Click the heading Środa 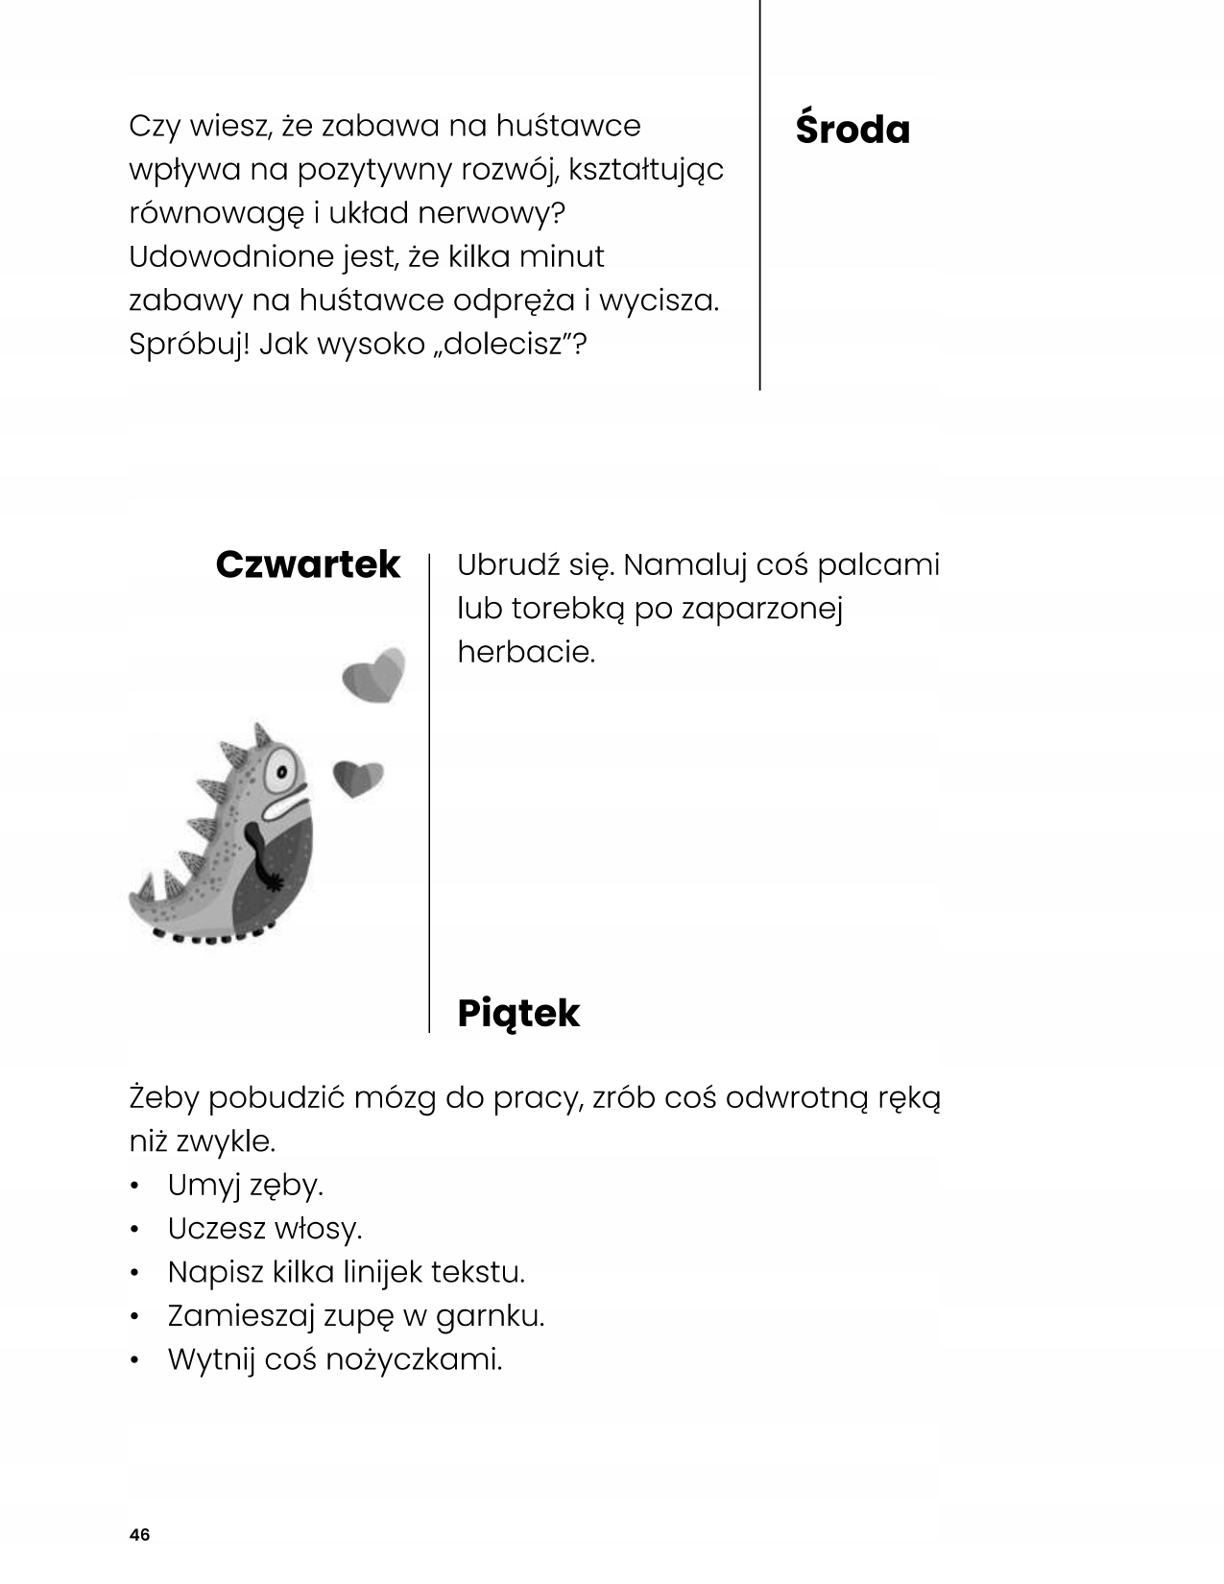pyautogui.click(x=852, y=130)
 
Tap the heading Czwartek pyautogui.click(x=307, y=564)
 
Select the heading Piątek pyautogui.click(x=518, y=1014)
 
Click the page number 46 pyautogui.click(x=139, y=1534)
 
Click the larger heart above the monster pyautogui.click(x=374, y=674)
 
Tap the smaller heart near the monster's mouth pyautogui.click(x=357, y=778)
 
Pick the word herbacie pyautogui.click(x=526, y=653)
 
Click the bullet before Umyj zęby pyautogui.click(x=137, y=1186)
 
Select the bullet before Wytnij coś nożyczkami pyautogui.click(x=137, y=1359)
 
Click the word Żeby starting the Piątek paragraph pyautogui.click(x=163, y=1098)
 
